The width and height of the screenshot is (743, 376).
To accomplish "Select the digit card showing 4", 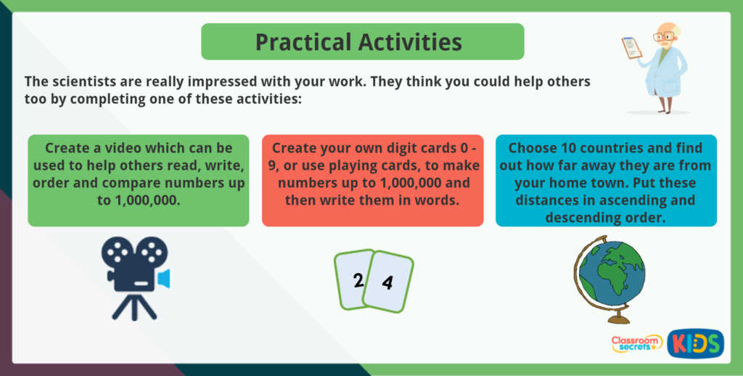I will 388,282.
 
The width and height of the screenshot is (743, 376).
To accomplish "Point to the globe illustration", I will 608,279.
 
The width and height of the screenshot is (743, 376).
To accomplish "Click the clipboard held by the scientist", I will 632,48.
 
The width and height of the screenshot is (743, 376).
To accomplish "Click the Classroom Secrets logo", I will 636,343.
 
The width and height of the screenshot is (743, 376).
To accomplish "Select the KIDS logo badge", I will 695,343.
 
